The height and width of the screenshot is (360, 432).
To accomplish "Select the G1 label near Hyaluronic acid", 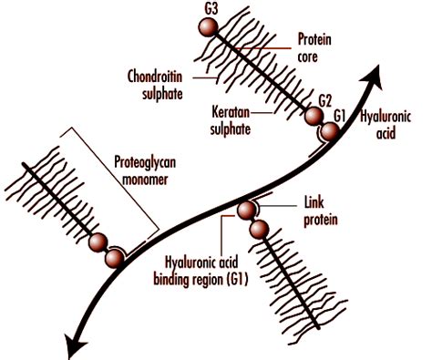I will point(341,116).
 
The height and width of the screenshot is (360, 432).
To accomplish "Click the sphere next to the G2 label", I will point(314,118).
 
